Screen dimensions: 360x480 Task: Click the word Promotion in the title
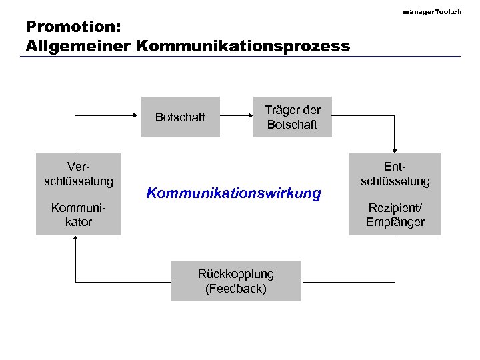(x=67, y=27)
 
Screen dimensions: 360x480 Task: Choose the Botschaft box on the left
(x=180, y=117)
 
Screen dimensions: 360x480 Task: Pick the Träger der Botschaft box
(x=292, y=117)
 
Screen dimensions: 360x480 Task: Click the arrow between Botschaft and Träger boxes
(x=236, y=117)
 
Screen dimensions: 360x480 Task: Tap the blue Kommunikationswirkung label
(x=233, y=193)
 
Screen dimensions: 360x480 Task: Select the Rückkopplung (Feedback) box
(x=235, y=281)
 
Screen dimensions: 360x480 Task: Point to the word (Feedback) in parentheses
(x=236, y=289)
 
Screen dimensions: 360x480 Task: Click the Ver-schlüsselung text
(x=79, y=174)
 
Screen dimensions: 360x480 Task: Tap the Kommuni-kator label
(x=79, y=215)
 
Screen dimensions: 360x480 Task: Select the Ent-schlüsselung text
(x=395, y=174)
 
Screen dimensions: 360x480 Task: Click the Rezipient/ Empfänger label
(x=395, y=215)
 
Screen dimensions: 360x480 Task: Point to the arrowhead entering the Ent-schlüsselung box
(x=395, y=151)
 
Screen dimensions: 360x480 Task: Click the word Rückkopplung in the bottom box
(x=235, y=274)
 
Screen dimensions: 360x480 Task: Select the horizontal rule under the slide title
(x=240, y=56)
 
